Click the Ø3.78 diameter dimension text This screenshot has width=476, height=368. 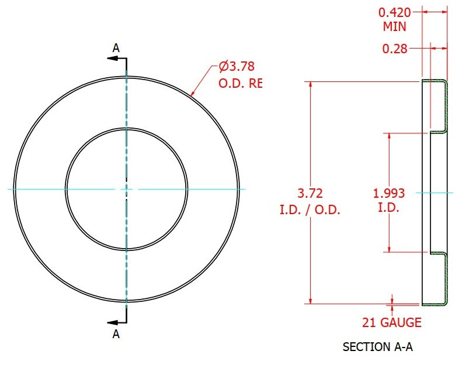(237, 66)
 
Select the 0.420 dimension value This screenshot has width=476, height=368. (394, 12)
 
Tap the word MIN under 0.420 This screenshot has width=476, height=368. (394, 27)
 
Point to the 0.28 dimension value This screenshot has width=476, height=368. (395, 49)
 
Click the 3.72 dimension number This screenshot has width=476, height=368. (310, 193)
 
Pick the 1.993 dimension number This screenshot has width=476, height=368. (389, 193)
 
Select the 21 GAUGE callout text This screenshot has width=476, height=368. (392, 322)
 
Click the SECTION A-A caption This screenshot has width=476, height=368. (378, 347)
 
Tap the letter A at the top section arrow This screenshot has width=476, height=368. (116, 48)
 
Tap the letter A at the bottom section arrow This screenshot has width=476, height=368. (116, 334)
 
